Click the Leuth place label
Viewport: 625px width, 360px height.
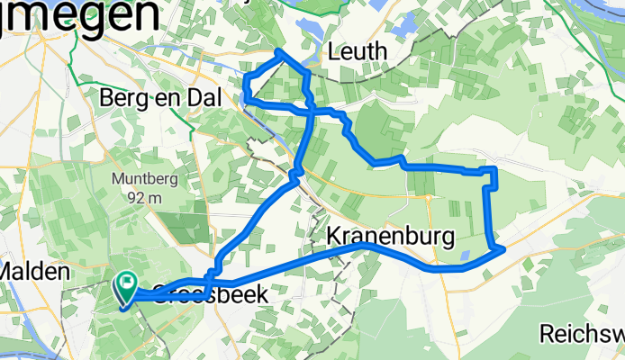(x=358, y=52)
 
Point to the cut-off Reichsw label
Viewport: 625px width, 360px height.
(x=581, y=334)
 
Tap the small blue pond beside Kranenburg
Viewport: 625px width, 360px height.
(x=463, y=256)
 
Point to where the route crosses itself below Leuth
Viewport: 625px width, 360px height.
(x=312, y=110)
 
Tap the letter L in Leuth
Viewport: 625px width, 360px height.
(x=335, y=52)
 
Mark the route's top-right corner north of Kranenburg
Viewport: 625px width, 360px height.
(x=494, y=169)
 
